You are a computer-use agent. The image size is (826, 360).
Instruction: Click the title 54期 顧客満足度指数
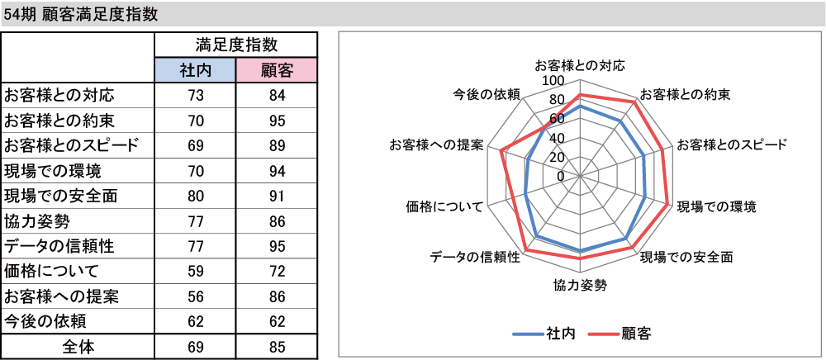point(80,14)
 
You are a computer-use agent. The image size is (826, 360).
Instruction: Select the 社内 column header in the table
point(195,70)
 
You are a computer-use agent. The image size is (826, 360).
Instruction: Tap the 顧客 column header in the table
point(276,70)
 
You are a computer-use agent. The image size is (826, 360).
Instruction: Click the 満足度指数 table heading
point(236,45)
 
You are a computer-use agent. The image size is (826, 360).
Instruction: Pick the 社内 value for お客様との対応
point(195,97)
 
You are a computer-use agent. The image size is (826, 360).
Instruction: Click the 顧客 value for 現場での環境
point(276,171)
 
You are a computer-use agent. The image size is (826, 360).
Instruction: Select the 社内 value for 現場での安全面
point(195,197)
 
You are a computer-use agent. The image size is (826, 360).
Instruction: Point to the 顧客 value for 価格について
point(276,272)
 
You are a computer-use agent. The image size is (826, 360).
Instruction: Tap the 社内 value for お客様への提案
point(195,296)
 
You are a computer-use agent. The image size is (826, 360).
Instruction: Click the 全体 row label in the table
point(78,347)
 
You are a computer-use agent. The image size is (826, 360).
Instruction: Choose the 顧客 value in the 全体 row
point(276,347)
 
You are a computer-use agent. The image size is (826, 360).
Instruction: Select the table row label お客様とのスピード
point(71,146)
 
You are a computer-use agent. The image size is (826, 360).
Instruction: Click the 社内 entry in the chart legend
point(559,333)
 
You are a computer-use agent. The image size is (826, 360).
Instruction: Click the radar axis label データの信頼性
point(475,257)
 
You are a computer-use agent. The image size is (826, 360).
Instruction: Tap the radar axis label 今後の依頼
point(487,95)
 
